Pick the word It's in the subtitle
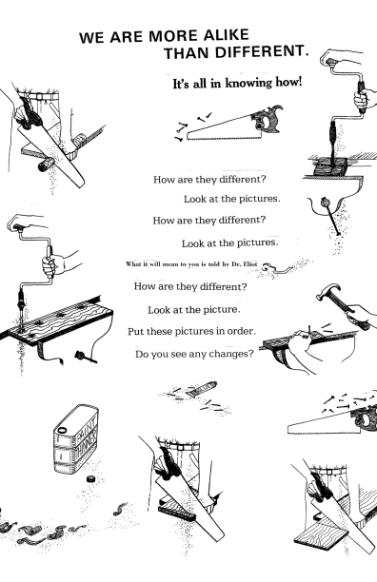(x=182, y=84)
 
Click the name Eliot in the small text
(x=250, y=264)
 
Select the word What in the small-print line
(x=132, y=264)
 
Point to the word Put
(x=136, y=332)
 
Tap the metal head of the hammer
(x=328, y=291)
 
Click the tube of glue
(x=201, y=390)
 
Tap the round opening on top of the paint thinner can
(x=61, y=430)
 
